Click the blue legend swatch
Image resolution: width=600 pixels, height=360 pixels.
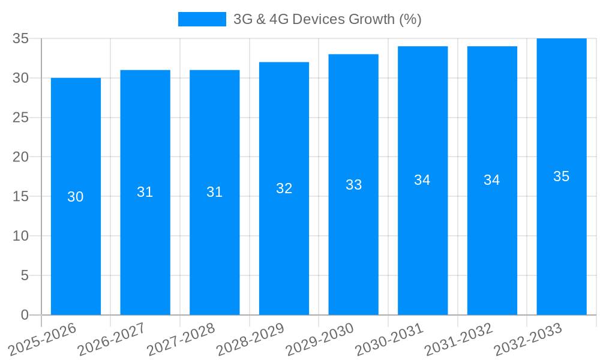click(202, 19)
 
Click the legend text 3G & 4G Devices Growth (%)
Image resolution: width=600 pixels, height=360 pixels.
click(327, 19)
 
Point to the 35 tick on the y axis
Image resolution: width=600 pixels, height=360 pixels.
click(21, 38)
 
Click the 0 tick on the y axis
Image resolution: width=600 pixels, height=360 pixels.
click(25, 315)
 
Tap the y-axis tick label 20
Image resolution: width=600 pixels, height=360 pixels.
click(21, 157)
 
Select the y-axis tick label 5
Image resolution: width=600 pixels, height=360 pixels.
click(25, 275)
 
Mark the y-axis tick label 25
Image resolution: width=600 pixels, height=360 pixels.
click(21, 118)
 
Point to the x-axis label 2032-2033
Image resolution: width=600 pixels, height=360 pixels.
click(527, 340)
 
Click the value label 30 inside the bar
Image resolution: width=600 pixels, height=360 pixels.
click(76, 197)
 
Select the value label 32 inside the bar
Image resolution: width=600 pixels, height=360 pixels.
click(284, 188)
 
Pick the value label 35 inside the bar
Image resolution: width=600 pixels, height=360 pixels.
click(562, 176)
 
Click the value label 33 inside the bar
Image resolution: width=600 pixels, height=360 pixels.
click(353, 185)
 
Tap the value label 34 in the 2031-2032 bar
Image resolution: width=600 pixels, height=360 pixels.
click(492, 180)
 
